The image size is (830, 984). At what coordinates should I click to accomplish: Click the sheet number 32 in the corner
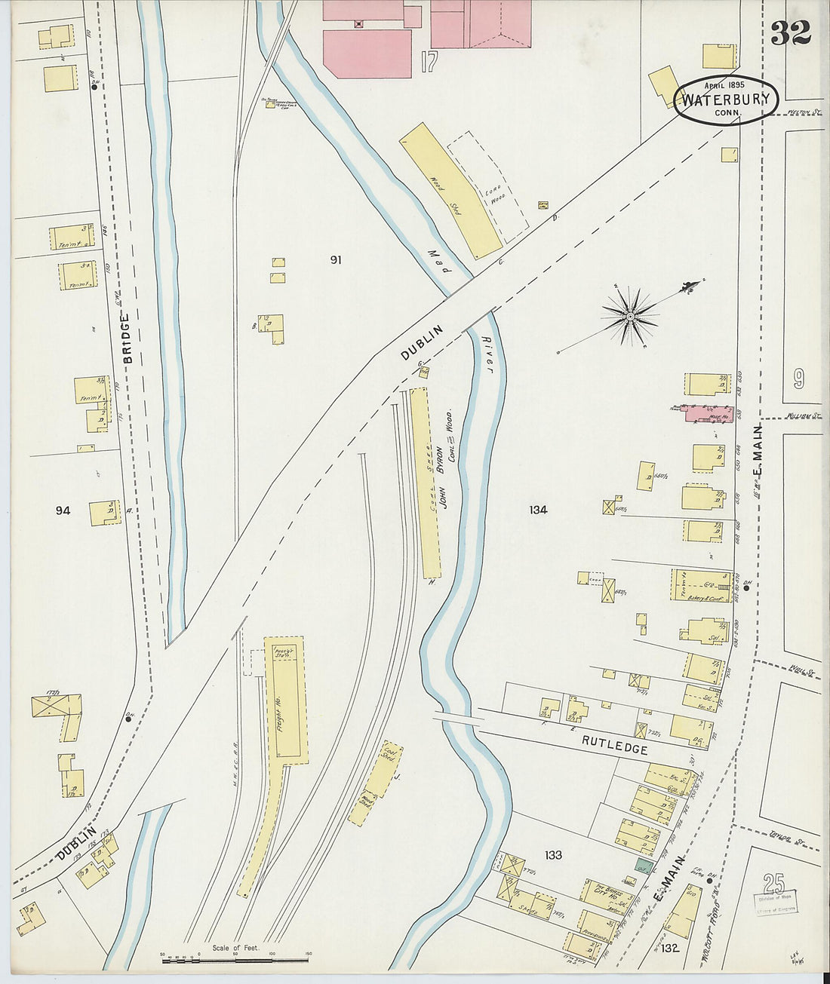790,32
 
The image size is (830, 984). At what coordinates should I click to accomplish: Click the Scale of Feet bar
235,960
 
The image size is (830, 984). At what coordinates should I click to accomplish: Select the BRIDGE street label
128,339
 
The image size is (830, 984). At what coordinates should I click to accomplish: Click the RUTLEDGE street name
614,749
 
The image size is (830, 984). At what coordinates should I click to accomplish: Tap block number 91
335,260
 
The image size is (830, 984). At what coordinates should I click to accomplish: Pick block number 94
63,510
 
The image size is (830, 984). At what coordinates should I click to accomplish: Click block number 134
538,510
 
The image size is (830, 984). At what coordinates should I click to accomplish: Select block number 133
553,855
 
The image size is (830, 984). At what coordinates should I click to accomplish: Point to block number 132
671,948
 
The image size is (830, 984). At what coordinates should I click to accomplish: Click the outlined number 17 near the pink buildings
429,62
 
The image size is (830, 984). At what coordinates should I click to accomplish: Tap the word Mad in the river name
435,261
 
